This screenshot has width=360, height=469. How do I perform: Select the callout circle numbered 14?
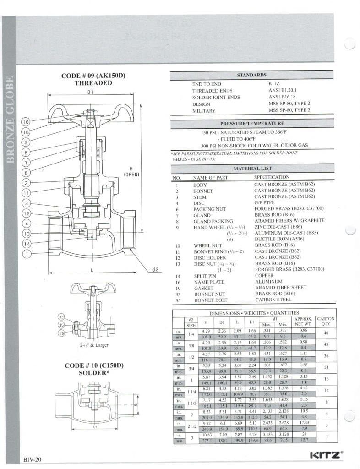27,244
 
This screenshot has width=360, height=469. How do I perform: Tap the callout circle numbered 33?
61,316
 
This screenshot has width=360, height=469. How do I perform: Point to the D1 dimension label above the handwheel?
90,92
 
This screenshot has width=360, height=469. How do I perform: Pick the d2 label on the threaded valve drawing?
155,269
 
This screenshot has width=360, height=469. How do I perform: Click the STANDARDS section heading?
251,75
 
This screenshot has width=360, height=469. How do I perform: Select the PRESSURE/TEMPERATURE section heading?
252,124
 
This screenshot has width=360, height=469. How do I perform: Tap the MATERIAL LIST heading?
252,169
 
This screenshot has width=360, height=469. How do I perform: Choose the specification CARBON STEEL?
273,300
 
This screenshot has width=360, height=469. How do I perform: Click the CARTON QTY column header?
326,321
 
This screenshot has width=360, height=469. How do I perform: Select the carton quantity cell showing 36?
326,356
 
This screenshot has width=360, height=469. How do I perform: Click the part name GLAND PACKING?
213,221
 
